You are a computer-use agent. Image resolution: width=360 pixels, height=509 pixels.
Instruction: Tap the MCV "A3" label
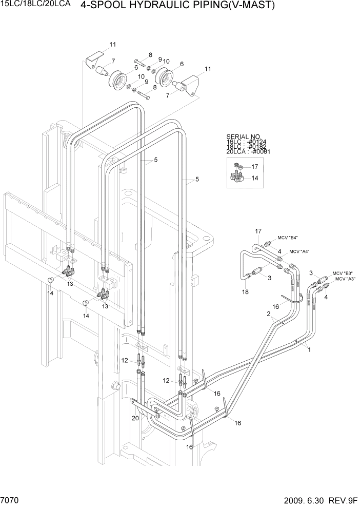pos(345,279)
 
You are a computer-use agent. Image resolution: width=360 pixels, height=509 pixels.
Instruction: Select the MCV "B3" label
pos(342,273)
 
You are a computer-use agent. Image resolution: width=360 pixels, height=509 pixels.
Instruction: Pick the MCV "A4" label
pos(299,251)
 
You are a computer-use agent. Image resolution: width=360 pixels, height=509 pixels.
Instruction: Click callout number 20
pos(135,418)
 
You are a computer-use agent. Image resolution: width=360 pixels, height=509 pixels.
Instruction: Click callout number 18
pos(246,291)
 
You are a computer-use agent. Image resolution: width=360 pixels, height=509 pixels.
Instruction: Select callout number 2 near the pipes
pos(267,314)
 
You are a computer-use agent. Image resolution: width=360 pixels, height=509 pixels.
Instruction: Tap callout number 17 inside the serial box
pos(255,166)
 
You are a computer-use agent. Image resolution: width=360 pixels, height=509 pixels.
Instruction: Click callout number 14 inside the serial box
pos(255,178)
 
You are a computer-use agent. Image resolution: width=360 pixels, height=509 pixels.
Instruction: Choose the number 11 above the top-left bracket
pos(112,44)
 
